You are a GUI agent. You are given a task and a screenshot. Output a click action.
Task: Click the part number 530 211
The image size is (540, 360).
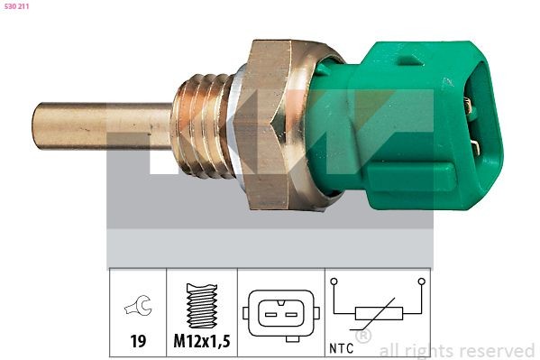coord(16,7)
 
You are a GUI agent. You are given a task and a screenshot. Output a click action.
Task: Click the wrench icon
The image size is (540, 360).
coord(138,309)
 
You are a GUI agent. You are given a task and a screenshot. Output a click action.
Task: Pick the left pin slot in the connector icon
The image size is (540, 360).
coord(270,314)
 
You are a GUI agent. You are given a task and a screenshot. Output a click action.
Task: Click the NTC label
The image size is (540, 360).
coord(340,344)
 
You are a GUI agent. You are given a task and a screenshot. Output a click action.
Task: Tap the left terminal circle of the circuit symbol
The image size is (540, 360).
coord(334,282)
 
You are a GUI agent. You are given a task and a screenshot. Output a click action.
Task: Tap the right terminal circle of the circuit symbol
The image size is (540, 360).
coord(421,282)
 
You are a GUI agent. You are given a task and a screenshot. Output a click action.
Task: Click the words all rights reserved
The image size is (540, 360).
coord(457,350)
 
